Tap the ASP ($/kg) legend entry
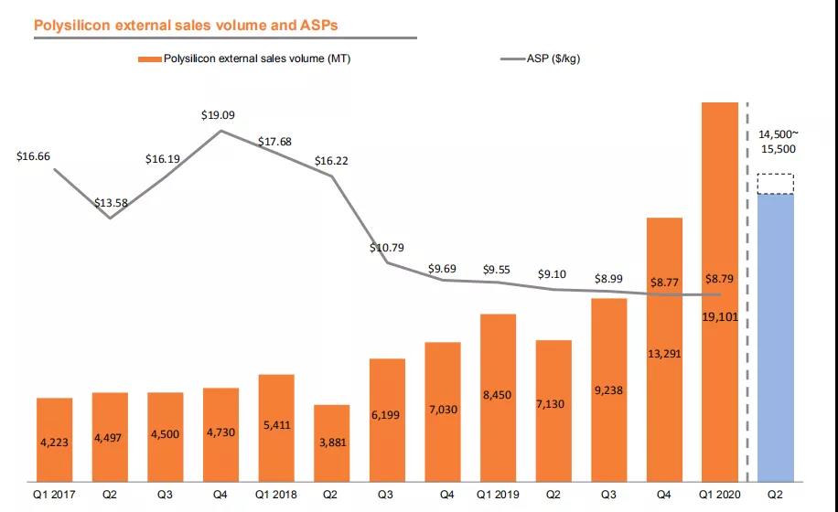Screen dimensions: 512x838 (x=553, y=59)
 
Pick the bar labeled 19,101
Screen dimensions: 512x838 (x=720, y=293)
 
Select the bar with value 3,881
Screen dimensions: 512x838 (x=331, y=443)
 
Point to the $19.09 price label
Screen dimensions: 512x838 (x=219, y=116)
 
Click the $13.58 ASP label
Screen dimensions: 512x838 (x=110, y=203)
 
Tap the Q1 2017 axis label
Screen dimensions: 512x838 (x=54, y=495)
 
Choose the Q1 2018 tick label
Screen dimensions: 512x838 (x=276, y=495)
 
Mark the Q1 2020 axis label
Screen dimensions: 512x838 (x=720, y=495)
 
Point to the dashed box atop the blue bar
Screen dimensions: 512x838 (x=776, y=184)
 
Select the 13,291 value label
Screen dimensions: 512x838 (x=665, y=353)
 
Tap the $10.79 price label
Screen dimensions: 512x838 (x=387, y=248)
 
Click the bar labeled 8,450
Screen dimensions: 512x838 (x=498, y=396)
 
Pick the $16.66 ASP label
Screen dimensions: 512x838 (x=34, y=156)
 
